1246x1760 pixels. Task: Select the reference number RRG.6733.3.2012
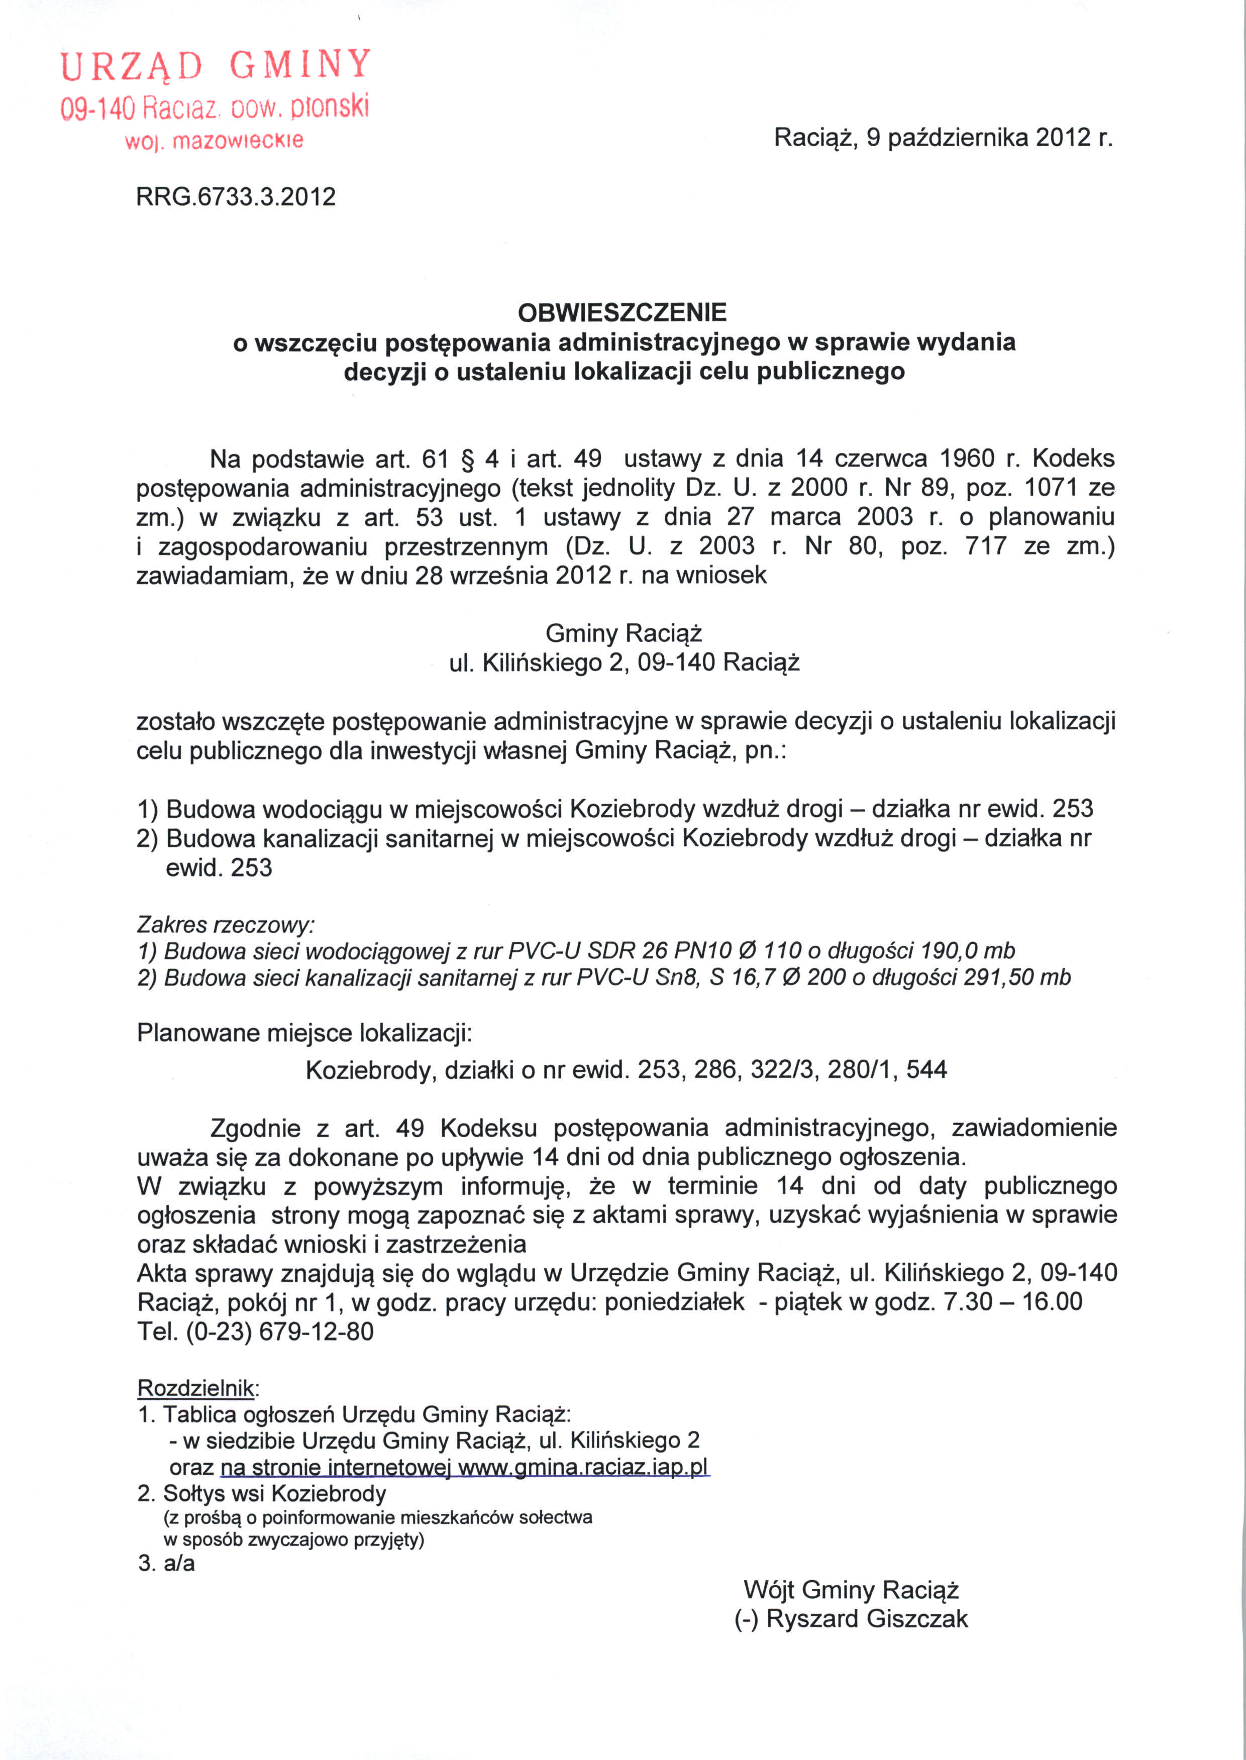(236, 197)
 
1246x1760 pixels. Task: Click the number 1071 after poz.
(1055, 488)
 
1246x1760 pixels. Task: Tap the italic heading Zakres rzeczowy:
(226, 924)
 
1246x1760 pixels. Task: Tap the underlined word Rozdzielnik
(195, 1389)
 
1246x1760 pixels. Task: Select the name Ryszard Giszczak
(867, 1619)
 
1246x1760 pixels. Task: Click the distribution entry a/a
(179, 1564)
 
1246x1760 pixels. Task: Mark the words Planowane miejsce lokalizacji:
(304, 1033)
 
